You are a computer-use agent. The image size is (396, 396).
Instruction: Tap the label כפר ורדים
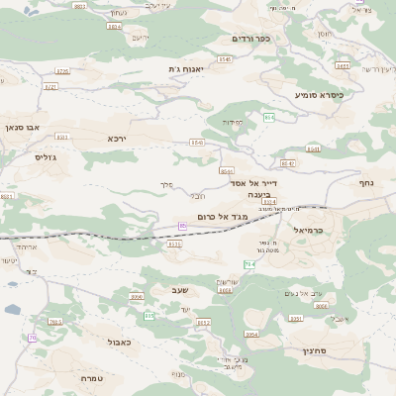tap(250, 39)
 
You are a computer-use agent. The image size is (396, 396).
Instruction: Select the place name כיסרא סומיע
tap(319, 95)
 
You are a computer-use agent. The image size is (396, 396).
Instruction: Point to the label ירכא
tap(118, 139)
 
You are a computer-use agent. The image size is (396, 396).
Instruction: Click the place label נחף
tap(368, 183)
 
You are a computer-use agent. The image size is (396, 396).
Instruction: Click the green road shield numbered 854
tap(268, 117)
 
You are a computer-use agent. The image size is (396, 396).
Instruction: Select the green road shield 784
tap(249, 264)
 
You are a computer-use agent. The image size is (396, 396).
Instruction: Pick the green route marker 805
tap(149, 316)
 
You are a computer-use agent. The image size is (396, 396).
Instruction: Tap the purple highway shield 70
tap(32, 338)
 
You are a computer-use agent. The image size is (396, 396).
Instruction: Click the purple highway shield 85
tap(183, 226)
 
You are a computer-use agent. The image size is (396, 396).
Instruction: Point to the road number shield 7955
tap(55, 322)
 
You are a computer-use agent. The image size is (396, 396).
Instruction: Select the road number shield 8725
tap(62, 71)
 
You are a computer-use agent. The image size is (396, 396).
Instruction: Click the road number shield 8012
tap(204, 323)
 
